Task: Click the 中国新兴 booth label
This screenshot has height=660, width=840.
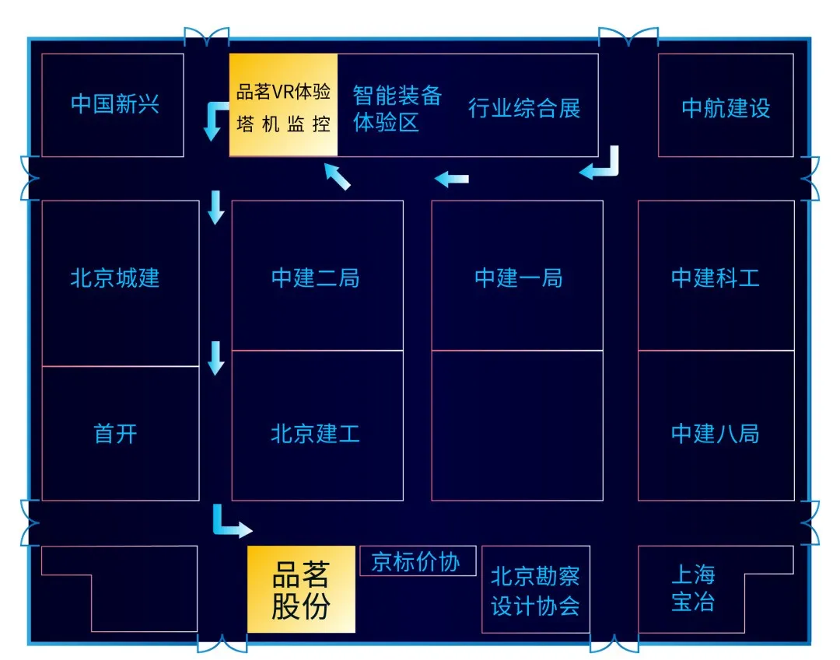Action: click(x=114, y=104)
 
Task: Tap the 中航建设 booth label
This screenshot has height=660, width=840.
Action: click(x=725, y=108)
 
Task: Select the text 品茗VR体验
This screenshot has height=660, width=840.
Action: click(x=283, y=92)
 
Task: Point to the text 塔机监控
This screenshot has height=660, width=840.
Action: click(x=283, y=125)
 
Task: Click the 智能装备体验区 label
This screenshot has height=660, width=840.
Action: click(x=396, y=108)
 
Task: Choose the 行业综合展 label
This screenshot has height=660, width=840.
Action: click(x=523, y=108)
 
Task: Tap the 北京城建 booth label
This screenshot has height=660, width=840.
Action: click(x=114, y=278)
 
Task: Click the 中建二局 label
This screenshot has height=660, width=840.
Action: click(x=316, y=278)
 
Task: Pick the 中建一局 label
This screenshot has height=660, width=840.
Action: click(x=517, y=278)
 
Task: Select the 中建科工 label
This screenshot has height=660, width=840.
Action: click(x=715, y=278)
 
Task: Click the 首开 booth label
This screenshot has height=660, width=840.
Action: click(x=115, y=433)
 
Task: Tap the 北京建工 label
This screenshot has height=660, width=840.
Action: click(x=316, y=433)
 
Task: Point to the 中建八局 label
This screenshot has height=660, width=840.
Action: click(x=715, y=433)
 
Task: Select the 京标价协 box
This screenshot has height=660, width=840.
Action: click(x=416, y=561)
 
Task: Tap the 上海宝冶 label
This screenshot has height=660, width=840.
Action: click(x=692, y=588)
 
